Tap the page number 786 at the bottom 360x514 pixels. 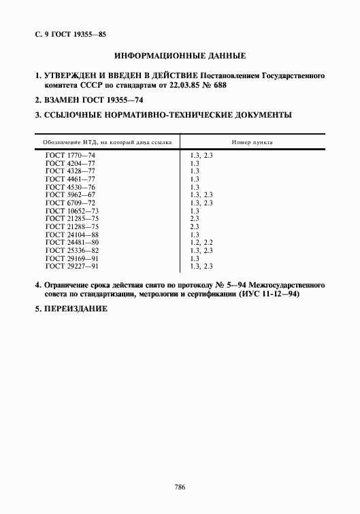[180, 487]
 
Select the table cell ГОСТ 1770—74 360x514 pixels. [69, 156]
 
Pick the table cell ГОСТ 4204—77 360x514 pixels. [69, 164]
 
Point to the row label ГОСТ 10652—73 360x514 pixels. [71, 210]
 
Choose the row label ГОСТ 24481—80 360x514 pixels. [71, 242]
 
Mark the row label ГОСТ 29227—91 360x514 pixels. [71, 266]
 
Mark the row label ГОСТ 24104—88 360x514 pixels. [71, 234]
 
